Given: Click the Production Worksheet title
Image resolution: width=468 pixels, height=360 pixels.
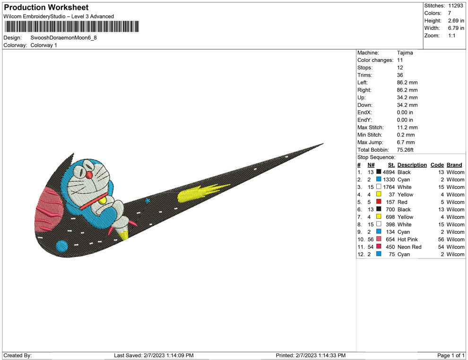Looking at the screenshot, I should point(46,8).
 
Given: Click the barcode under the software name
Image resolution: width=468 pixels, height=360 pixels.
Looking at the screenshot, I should point(71,26).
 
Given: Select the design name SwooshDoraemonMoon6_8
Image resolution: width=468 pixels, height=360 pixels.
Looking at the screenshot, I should point(63,37).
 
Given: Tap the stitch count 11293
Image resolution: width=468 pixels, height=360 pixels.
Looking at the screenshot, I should point(456,6).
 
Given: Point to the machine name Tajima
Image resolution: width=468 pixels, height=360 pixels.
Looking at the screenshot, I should point(405,53).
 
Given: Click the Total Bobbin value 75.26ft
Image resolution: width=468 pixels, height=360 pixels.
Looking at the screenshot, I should point(405,150).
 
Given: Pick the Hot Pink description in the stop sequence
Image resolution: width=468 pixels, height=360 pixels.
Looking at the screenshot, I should point(407,240).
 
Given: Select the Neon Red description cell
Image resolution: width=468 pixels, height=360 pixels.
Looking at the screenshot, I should point(409,247).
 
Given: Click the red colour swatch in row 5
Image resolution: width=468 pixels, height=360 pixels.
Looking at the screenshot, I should point(379,202).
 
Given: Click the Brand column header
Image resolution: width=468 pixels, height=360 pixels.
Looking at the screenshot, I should point(454,165).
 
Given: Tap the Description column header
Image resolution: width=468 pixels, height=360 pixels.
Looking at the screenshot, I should point(412,165).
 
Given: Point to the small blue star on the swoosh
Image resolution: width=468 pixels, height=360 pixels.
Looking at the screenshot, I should point(148,201).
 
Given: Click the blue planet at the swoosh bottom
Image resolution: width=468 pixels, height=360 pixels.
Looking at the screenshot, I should point(62,246).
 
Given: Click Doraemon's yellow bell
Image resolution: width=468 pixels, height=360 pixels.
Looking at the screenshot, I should point(103,200).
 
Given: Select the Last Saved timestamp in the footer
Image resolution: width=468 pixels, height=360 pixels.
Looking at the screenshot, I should point(154,355).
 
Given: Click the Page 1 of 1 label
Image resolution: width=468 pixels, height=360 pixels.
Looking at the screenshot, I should point(451,355).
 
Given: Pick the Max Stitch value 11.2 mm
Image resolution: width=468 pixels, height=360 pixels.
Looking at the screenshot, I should point(407,128).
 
